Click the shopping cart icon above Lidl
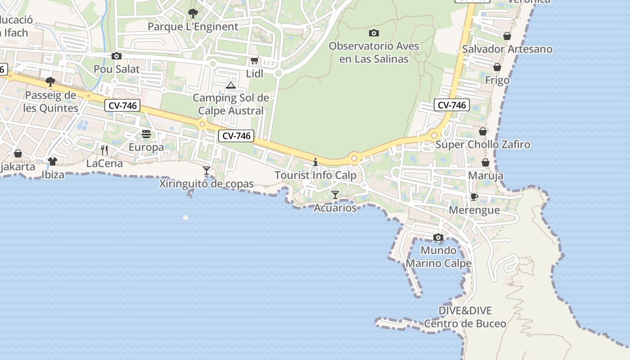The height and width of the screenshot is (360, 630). (x=254, y=60)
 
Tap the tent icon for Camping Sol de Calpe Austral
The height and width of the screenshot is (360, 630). (x=231, y=85)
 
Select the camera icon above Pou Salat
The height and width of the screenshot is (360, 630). (x=117, y=56)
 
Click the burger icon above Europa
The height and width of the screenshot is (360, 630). (x=146, y=134)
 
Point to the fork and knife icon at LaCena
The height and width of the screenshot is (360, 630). (x=104, y=150)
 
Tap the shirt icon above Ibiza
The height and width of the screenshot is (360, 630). (x=53, y=161)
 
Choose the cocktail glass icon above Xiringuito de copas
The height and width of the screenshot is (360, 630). (x=207, y=171)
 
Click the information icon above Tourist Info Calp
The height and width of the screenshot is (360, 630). (x=315, y=162)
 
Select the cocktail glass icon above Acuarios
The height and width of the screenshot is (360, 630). (x=335, y=195)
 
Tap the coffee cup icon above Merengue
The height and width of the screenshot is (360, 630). (x=474, y=197)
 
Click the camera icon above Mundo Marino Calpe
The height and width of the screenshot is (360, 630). (x=438, y=237)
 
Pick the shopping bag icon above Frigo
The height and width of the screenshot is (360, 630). (x=497, y=67)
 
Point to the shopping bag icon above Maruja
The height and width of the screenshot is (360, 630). (x=486, y=162)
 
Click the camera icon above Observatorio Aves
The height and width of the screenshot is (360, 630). (x=373, y=33)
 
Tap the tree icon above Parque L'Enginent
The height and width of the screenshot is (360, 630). (x=193, y=13)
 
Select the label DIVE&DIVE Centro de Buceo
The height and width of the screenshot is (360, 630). (x=465, y=317)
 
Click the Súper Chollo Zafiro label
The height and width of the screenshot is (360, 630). (x=483, y=144)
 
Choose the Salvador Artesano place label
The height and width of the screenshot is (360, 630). (x=507, y=49)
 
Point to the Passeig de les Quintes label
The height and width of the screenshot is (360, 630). (x=51, y=102)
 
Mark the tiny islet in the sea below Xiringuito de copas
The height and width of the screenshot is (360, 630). (x=185, y=218)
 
